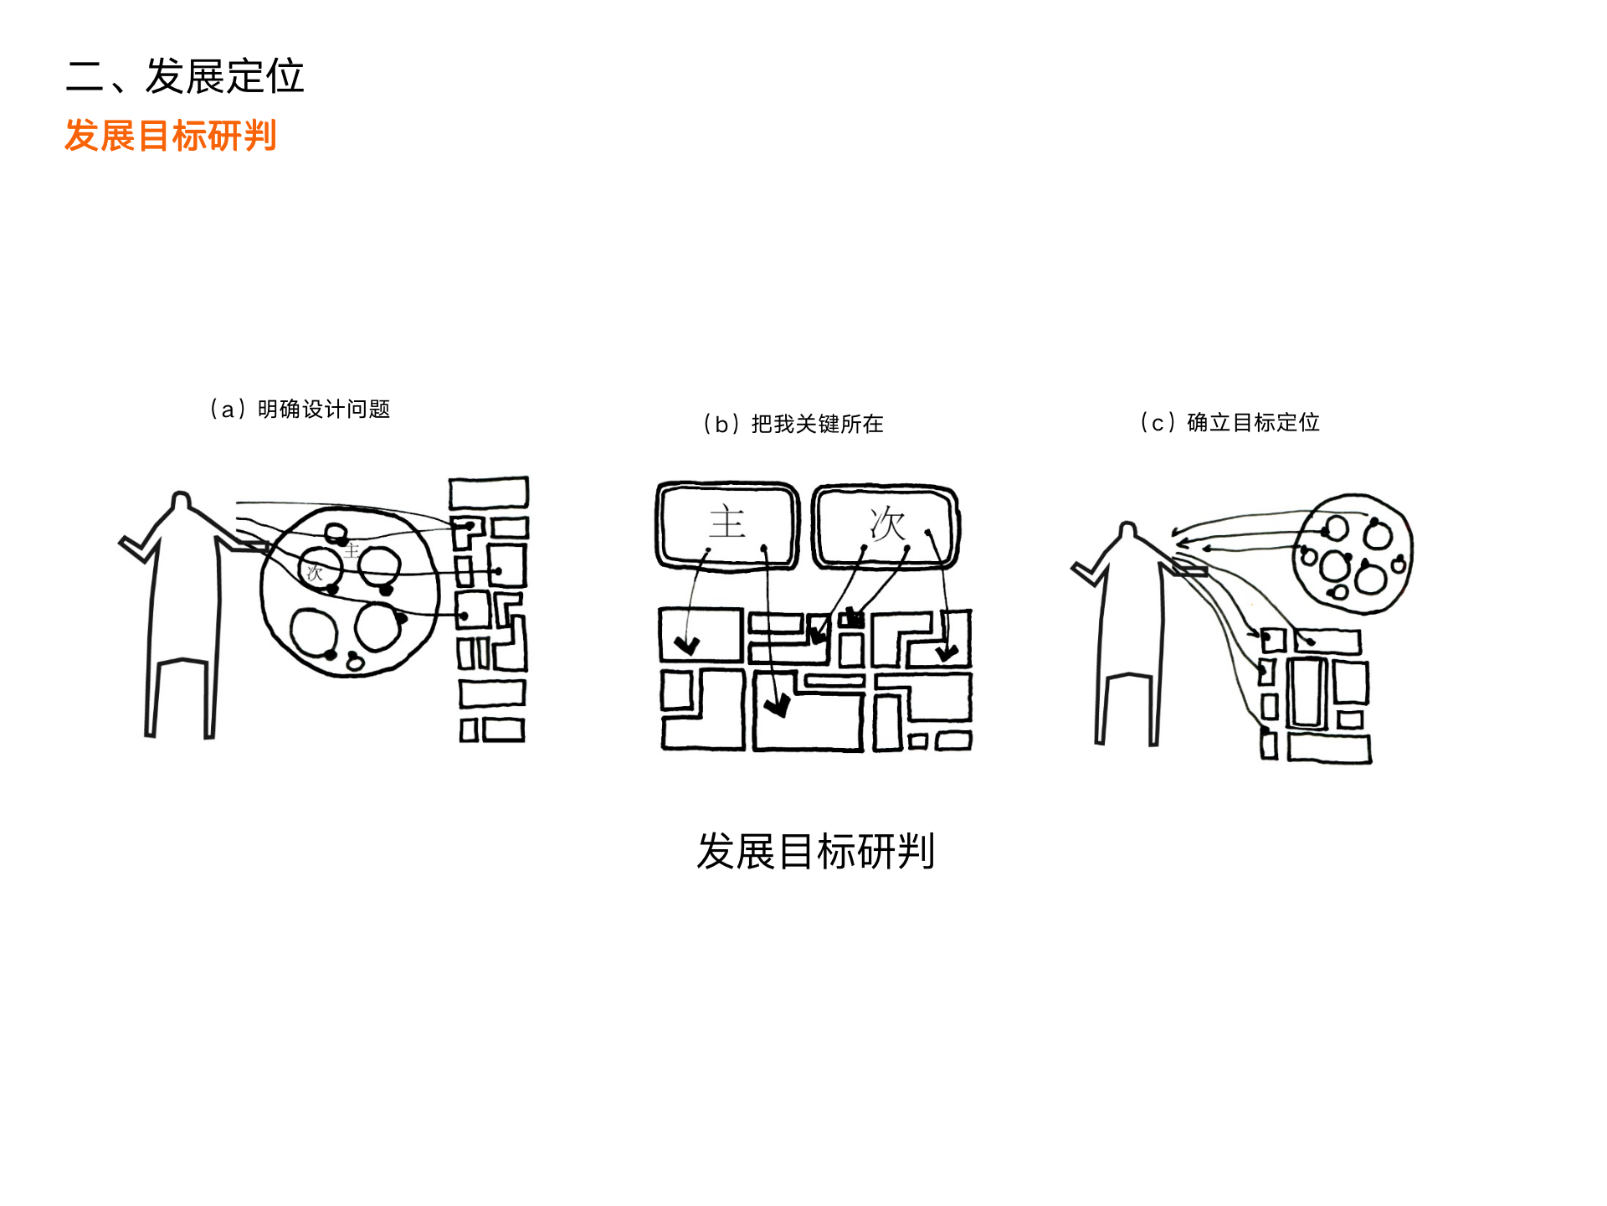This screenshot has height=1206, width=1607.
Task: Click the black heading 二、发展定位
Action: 184,76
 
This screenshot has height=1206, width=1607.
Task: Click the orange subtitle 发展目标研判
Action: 171,136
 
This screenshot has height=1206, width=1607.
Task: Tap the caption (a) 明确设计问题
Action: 300,409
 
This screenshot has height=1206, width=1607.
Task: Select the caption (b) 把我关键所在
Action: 793,424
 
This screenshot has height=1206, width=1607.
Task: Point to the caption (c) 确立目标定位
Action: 1230,422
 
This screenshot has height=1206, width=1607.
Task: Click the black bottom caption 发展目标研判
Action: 815,852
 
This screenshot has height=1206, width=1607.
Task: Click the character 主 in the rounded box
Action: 726,523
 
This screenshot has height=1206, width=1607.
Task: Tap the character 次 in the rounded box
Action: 887,524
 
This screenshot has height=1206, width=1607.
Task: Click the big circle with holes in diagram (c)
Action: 1353,553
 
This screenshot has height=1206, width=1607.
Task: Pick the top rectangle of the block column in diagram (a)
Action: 489,492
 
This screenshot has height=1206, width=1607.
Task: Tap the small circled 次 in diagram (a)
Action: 315,573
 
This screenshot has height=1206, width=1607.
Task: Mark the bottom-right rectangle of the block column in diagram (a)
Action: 504,730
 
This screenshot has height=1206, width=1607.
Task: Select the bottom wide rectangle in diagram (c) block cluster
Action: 1329,748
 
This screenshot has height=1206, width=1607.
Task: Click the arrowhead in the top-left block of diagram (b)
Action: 687,646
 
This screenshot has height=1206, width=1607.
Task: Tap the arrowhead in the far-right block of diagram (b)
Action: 947,652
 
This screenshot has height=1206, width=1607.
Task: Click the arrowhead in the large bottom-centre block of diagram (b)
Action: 778,707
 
